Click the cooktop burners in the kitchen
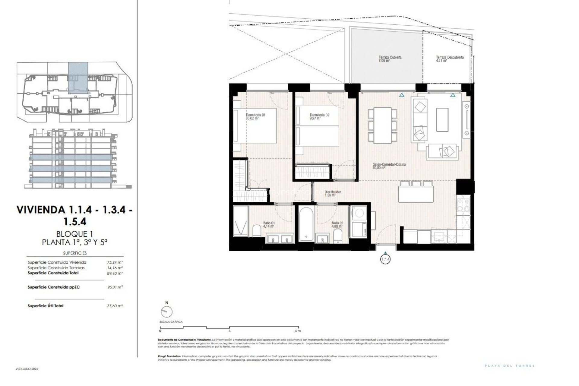coord(464,205)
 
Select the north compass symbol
coord(166,312)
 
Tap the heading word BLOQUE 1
coord(74,234)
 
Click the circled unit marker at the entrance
coord(385,259)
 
